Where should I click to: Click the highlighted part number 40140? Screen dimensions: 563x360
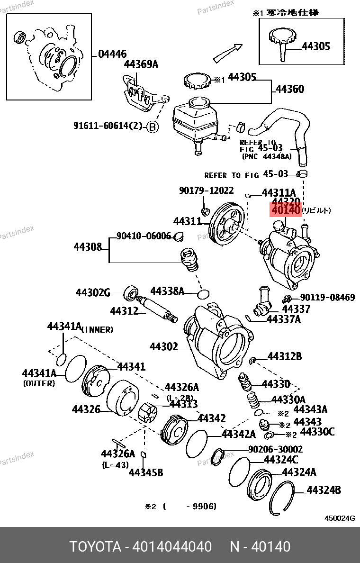point(285,209)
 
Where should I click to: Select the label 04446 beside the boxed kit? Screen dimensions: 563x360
point(112,54)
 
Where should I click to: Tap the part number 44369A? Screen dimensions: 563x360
point(141,64)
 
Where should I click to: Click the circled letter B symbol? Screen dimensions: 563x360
point(152,127)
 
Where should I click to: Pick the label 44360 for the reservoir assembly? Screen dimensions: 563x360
point(290,89)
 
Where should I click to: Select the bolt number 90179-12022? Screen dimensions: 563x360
point(206,191)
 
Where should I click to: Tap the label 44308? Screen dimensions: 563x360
point(88,246)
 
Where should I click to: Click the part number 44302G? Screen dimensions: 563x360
point(93,293)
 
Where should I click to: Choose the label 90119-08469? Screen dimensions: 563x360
point(328,298)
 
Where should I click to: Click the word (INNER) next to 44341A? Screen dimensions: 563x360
point(98,329)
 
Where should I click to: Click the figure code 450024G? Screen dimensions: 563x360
point(340,518)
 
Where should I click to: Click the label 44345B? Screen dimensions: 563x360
point(146,472)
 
